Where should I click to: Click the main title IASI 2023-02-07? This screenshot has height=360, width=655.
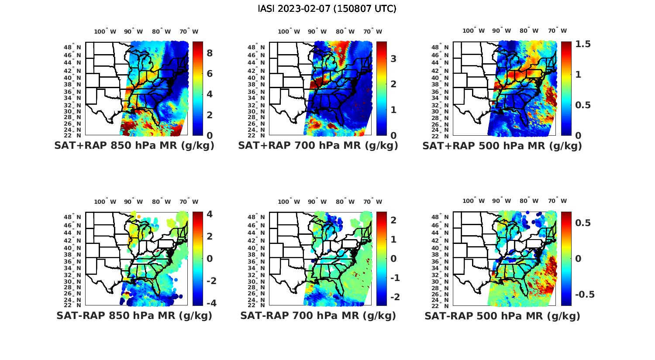click(x=327, y=9)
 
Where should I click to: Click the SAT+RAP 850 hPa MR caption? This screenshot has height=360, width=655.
click(x=134, y=146)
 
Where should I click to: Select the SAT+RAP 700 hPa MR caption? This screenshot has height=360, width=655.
click(x=318, y=146)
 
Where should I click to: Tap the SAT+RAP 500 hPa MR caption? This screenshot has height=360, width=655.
click(x=502, y=146)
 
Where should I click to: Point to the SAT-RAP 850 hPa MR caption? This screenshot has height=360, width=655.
click(x=134, y=315)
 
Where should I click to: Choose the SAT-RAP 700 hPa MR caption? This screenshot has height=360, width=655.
click(x=318, y=315)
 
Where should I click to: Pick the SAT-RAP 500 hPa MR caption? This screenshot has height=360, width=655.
click(x=502, y=315)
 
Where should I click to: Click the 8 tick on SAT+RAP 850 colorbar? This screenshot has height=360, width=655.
click(x=210, y=53)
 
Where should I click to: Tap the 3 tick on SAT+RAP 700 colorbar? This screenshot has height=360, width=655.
click(x=393, y=58)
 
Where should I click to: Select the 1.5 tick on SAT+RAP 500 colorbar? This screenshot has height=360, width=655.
click(x=583, y=44)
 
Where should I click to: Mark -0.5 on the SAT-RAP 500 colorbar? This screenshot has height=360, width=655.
click(x=585, y=295)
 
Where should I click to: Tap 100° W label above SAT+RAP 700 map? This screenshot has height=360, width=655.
click(x=289, y=31)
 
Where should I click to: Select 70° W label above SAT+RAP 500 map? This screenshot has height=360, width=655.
click(x=557, y=31)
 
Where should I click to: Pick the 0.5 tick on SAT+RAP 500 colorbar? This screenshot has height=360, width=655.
click(x=583, y=105)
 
